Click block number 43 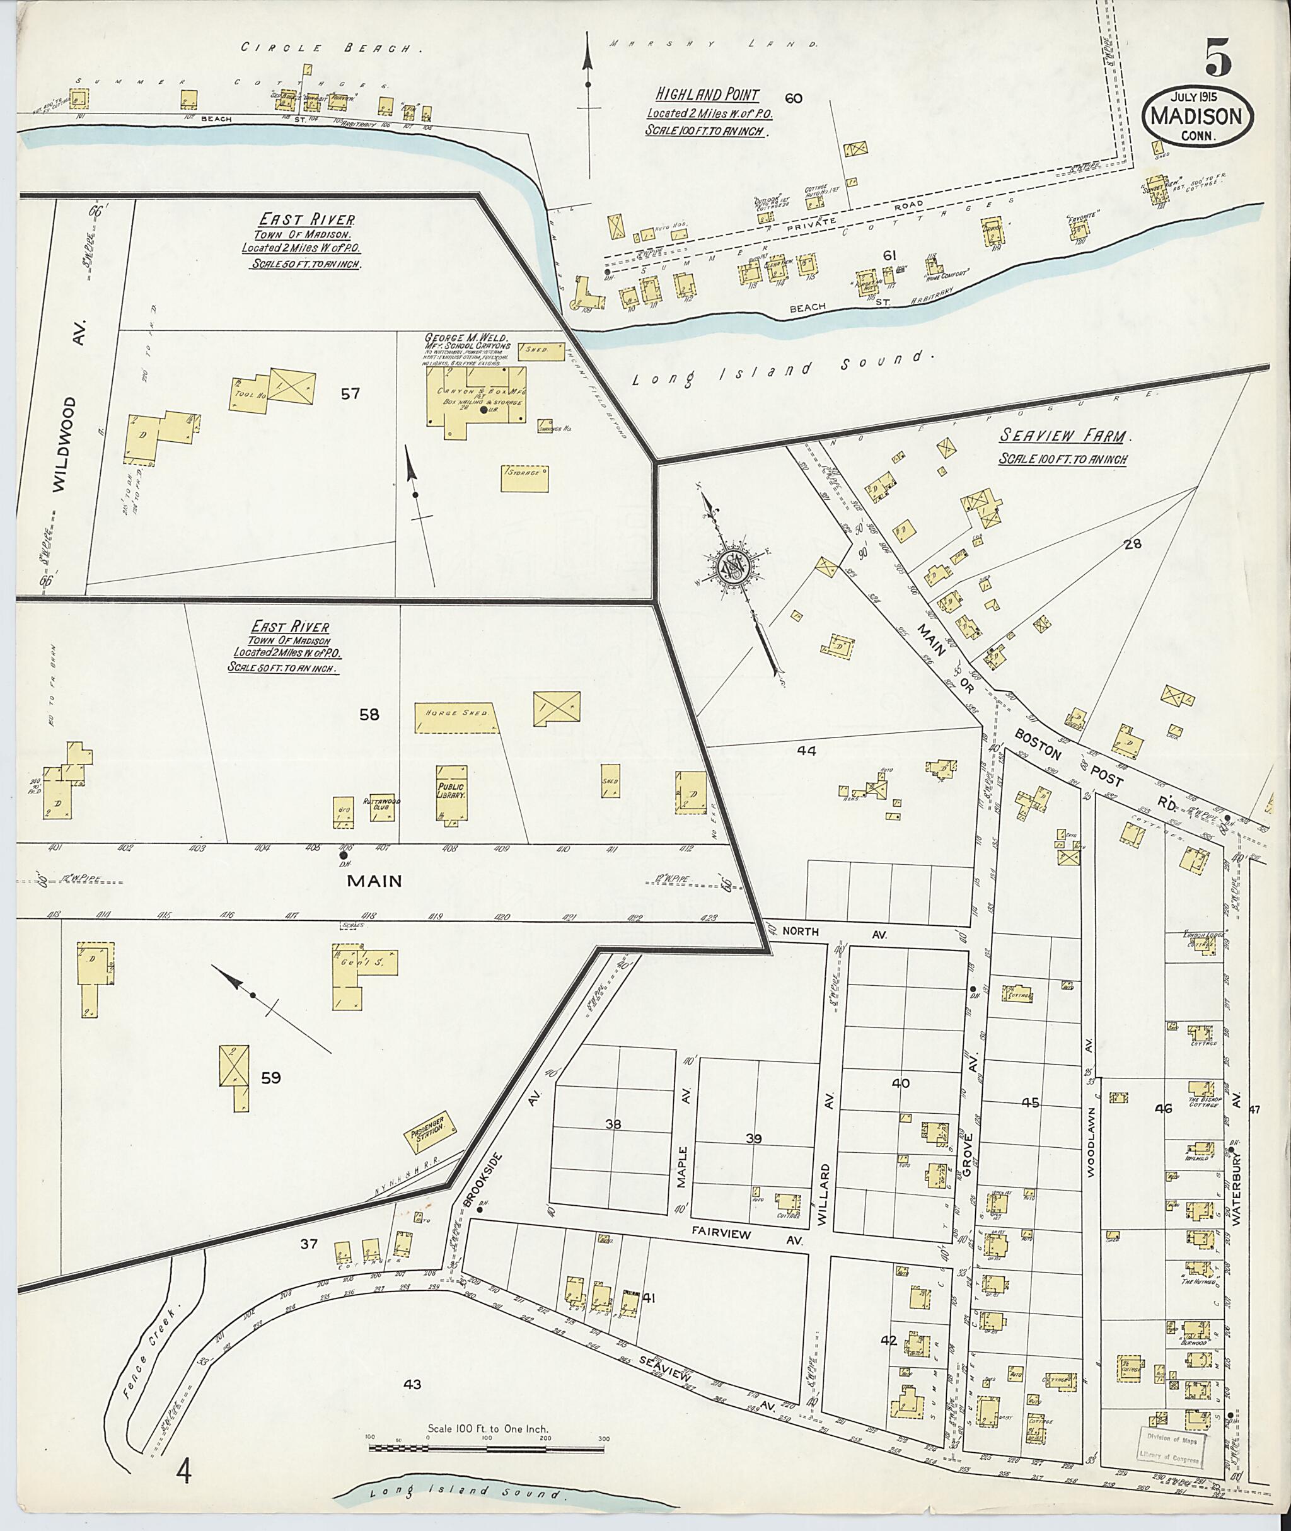pyautogui.click(x=413, y=1384)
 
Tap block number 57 pyautogui.click(x=350, y=394)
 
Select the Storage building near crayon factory pyautogui.click(x=524, y=477)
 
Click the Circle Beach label pyautogui.click(x=333, y=49)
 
